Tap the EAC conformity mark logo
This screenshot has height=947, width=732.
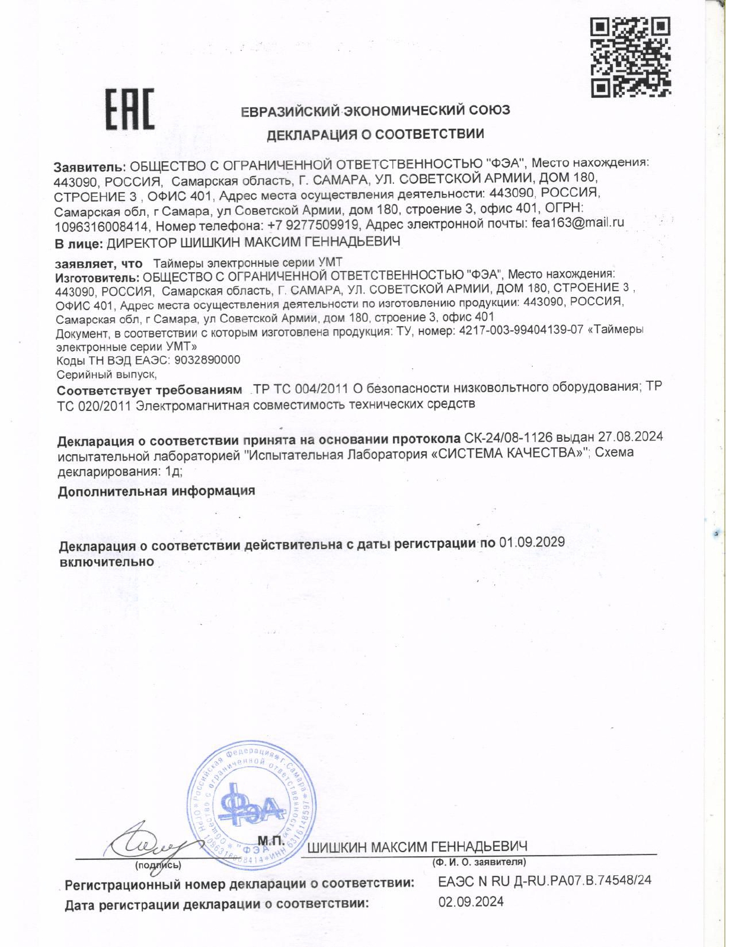[x=130, y=109]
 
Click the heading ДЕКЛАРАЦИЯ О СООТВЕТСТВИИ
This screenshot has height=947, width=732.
[x=375, y=134]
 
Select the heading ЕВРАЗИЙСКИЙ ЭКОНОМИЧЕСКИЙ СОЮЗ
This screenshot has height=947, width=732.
[x=375, y=110]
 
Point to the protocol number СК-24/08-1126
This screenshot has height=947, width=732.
[x=508, y=438]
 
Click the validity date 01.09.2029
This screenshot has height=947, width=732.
[x=532, y=542]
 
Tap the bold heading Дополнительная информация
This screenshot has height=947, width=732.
[x=156, y=491]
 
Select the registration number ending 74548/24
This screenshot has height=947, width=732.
[x=544, y=880]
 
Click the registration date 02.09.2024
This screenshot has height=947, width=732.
[x=471, y=902]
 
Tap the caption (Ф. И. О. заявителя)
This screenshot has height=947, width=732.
[x=479, y=862]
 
